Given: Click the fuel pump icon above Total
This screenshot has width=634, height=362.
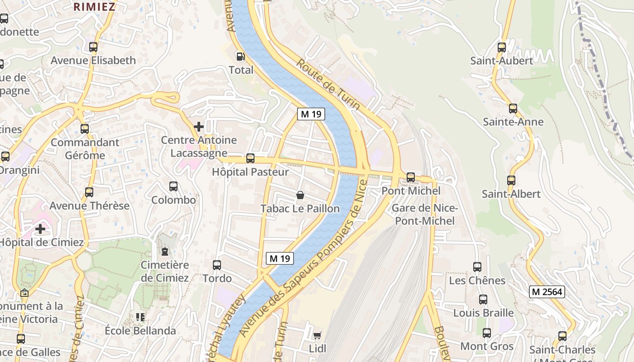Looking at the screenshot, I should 240,56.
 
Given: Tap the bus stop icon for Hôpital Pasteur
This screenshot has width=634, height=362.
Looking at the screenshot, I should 250,158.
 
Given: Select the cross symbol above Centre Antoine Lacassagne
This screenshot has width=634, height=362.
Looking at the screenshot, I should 198,127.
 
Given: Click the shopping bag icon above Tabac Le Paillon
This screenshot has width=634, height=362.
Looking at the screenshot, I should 300,195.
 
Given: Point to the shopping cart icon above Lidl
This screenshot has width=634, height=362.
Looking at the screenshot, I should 317,335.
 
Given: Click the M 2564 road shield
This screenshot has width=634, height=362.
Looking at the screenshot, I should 547,292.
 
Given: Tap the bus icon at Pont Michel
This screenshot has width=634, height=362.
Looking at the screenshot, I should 410,177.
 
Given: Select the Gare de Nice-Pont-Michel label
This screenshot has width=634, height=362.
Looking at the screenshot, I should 425,214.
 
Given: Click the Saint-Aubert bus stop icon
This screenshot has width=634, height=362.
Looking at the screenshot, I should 501,47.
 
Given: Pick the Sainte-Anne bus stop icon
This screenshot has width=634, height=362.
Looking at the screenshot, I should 513,109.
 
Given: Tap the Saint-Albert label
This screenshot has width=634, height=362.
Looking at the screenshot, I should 511,194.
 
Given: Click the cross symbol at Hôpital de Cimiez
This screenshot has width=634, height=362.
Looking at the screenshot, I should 40,229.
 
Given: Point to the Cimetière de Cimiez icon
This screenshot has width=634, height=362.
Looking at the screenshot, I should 164,251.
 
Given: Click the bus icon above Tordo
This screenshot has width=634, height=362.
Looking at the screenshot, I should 217,265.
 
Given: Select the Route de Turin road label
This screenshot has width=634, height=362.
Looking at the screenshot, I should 328,84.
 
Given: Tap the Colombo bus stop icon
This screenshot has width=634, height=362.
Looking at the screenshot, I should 173,186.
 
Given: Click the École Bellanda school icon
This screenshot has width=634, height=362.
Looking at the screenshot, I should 140,317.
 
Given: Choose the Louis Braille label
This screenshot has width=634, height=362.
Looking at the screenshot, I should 483,313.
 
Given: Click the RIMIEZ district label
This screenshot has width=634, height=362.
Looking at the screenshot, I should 95,6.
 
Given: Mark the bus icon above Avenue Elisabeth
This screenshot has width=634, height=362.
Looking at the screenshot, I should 93,47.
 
